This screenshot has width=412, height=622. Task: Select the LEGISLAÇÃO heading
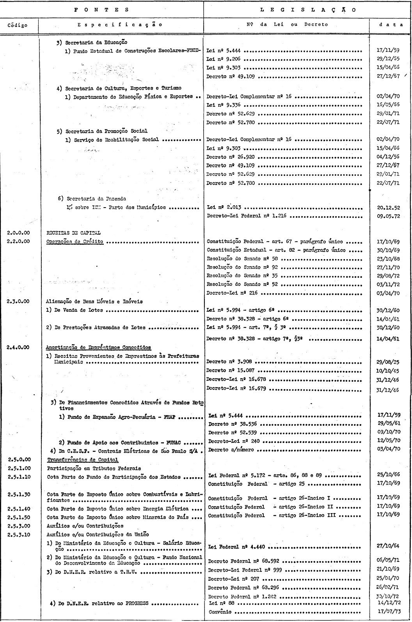(307, 10)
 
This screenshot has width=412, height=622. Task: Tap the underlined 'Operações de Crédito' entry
(75, 242)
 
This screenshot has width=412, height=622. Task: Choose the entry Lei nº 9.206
(224, 59)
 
